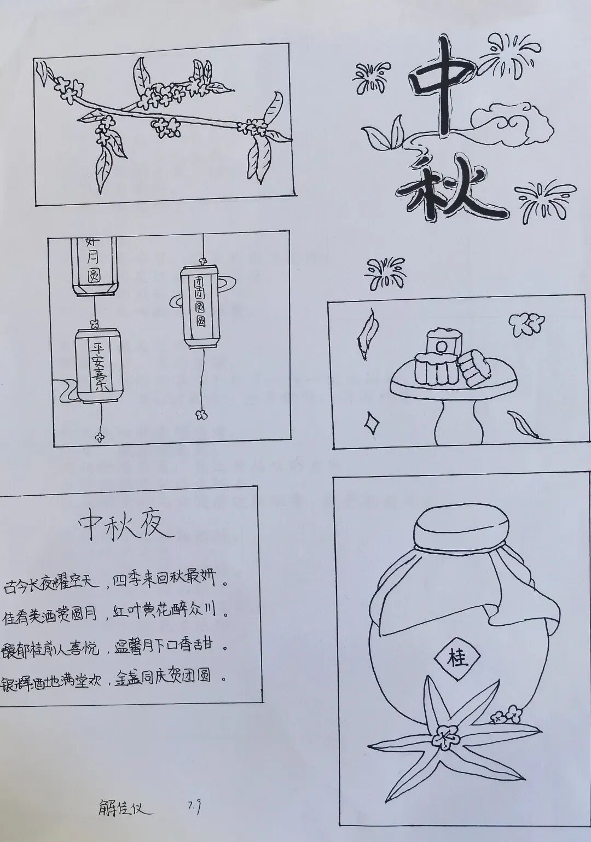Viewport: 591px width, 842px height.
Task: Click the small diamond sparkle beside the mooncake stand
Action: pos(372,421)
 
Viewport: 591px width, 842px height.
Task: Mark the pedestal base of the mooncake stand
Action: pos(460,421)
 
